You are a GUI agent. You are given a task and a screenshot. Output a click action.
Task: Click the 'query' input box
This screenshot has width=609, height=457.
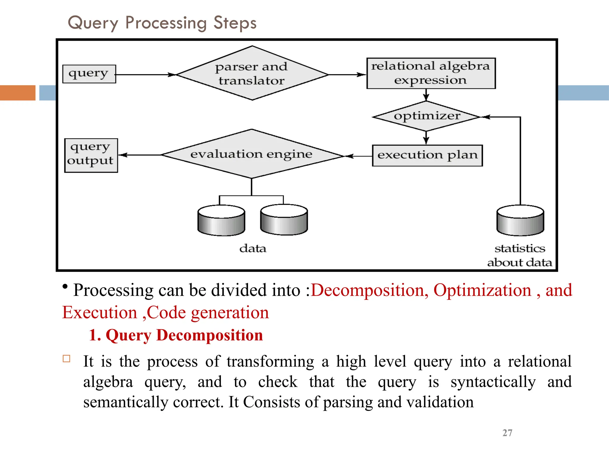tap(89, 74)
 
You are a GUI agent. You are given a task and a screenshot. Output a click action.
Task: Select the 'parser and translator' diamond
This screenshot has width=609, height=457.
tap(252, 73)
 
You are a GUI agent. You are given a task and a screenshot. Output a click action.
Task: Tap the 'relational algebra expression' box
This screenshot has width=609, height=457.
tap(431, 73)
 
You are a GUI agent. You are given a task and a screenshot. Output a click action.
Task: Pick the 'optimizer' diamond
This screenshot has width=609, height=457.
tap(426, 116)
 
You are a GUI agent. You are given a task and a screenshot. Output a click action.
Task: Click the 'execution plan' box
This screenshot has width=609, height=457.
tap(427, 155)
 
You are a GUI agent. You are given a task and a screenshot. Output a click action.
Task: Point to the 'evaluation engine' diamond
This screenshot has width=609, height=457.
tap(252, 154)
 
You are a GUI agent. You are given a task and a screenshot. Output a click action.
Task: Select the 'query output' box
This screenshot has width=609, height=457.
tap(91, 155)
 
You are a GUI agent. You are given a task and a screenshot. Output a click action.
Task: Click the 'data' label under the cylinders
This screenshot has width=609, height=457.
tap(253, 248)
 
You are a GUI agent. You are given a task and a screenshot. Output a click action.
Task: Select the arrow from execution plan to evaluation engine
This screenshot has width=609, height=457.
tap(359, 156)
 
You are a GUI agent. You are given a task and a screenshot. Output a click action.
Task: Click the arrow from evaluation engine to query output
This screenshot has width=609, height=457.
tap(140, 155)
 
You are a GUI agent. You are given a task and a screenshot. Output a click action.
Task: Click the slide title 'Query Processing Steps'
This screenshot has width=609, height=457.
tap(162, 23)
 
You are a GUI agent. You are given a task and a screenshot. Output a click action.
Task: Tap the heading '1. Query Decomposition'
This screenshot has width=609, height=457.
tap(176, 335)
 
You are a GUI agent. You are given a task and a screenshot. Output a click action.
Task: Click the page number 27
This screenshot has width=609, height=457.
tap(507, 433)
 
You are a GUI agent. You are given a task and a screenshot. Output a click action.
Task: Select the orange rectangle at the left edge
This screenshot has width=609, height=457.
tap(18, 93)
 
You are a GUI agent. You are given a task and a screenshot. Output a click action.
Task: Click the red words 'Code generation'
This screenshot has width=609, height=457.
tap(208, 313)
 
